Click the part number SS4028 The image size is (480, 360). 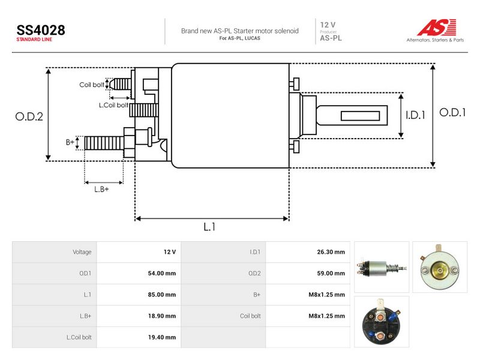(x=41, y=30)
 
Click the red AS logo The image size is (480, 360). (x=437, y=27)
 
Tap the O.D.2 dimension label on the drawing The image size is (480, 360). (x=29, y=116)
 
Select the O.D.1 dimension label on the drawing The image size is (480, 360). (x=452, y=113)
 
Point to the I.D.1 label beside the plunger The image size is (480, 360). (x=415, y=115)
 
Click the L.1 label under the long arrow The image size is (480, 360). (x=209, y=227)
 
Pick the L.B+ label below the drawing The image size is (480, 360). (x=101, y=189)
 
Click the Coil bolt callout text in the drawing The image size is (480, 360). (x=92, y=85)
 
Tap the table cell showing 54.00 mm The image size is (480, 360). (x=162, y=274)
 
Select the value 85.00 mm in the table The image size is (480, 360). (x=162, y=295)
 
